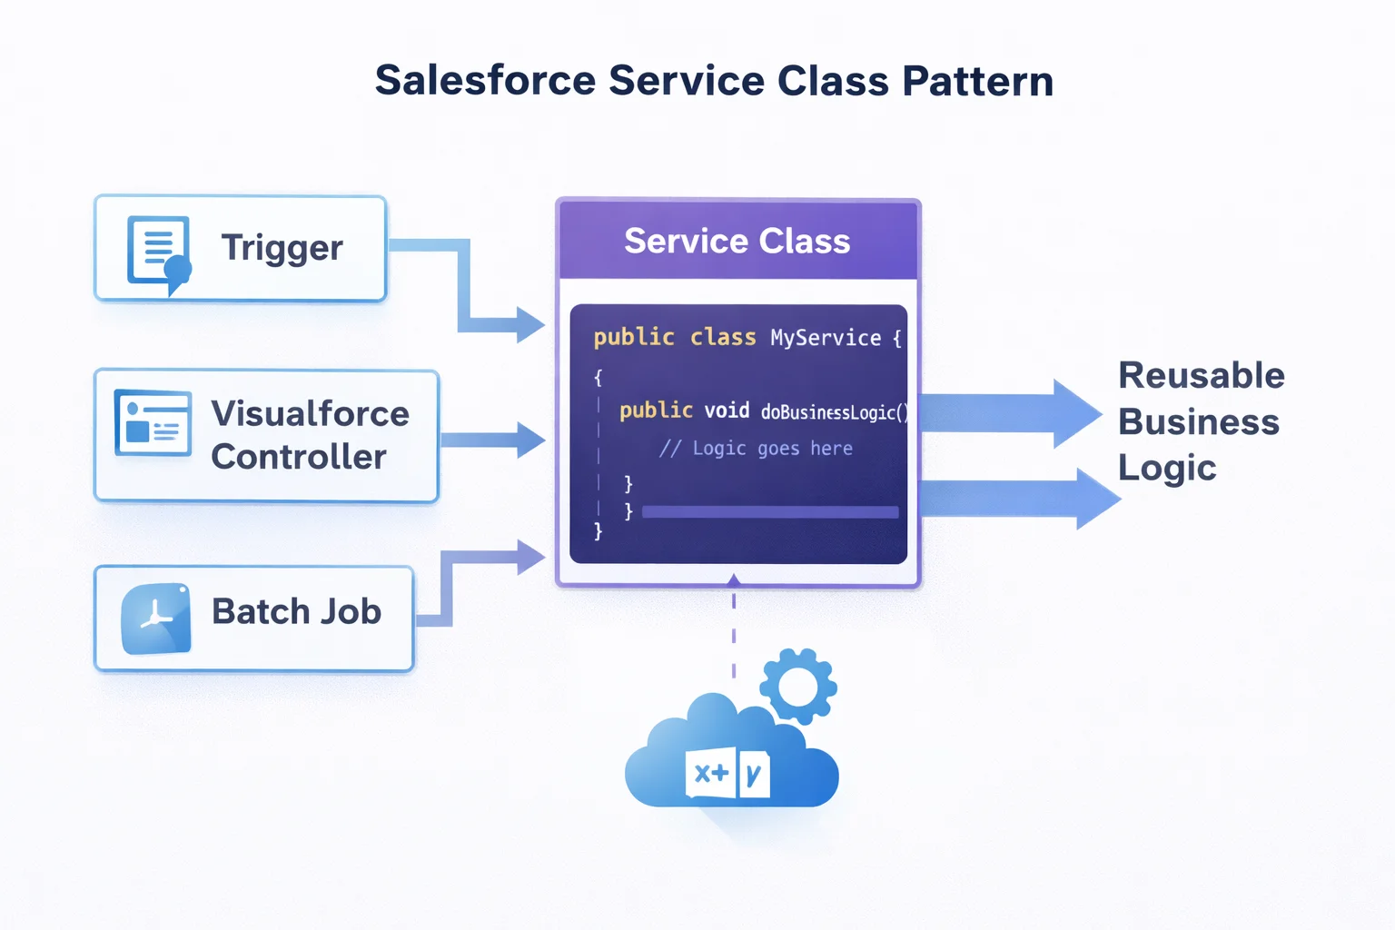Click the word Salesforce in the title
click(x=485, y=81)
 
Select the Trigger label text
click(x=282, y=248)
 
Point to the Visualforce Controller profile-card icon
click(x=153, y=423)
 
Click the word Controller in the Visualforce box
click(x=298, y=457)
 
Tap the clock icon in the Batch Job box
click(x=156, y=618)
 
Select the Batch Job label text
click(x=296, y=612)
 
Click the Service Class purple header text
click(x=737, y=242)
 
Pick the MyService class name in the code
click(x=825, y=338)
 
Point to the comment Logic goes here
click(x=756, y=449)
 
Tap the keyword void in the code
click(x=727, y=411)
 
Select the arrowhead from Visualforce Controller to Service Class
click(x=530, y=440)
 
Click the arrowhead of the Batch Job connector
click(x=530, y=557)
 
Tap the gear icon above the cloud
click(x=798, y=686)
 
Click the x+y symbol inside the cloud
click(x=727, y=774)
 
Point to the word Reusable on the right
click(x=1201, y=375)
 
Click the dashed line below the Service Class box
click(x=734, y=636)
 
